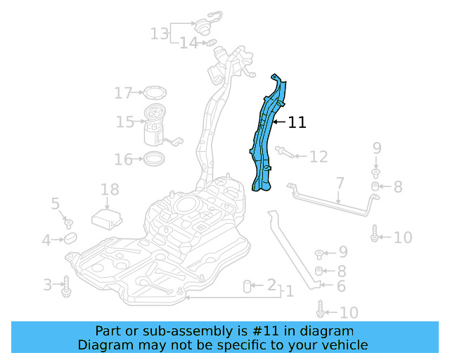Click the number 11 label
pos(297,122)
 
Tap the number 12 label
pos(318,156)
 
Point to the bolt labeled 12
pos(283,152)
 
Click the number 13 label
pos(160,32)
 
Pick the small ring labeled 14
pos(209,44)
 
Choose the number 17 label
pos(124,93)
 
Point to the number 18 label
pos(110,189)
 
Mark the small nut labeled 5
pos(69,224)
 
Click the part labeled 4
pos(71,240)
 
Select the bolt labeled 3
pos(66,284)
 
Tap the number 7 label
pos(340,184)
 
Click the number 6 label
pos(341,285)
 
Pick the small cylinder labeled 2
pos(247,285)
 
